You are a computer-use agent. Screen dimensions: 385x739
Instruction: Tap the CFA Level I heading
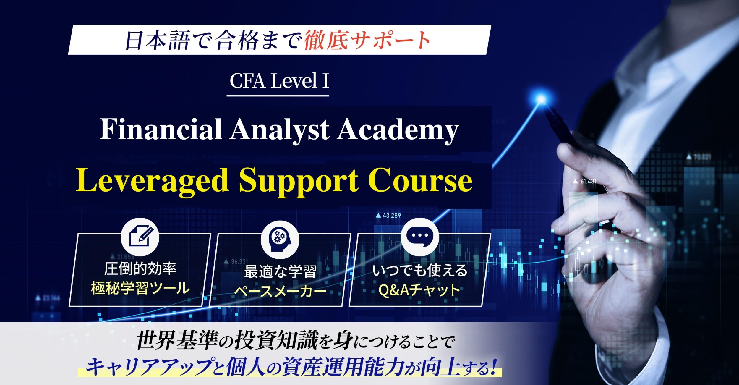pyautogui.click(x=279, y=80)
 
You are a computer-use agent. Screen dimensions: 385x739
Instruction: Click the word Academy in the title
pyautogui.click(x=398, y=130)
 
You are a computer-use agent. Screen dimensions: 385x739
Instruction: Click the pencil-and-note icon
pyautogui.click(x=140, y=237)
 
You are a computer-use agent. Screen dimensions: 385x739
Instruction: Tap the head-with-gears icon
pyautogui.click(x=280, y=238)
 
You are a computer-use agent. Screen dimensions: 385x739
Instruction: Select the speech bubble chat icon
pyautogui.click(x=420, y=237)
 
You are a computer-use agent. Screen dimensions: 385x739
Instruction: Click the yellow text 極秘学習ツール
pyautogui.click(x=140, y=288)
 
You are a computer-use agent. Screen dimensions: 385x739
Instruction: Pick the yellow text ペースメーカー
pyautogui.click(x=280, y=291)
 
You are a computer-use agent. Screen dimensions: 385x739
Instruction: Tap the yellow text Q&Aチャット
pyautogui.click(x=420, y=290)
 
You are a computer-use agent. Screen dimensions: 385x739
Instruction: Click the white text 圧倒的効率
pyautogui.click(x=140, y=269)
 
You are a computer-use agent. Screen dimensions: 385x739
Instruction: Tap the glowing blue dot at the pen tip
pyautogui.click(x=542, y=98)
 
